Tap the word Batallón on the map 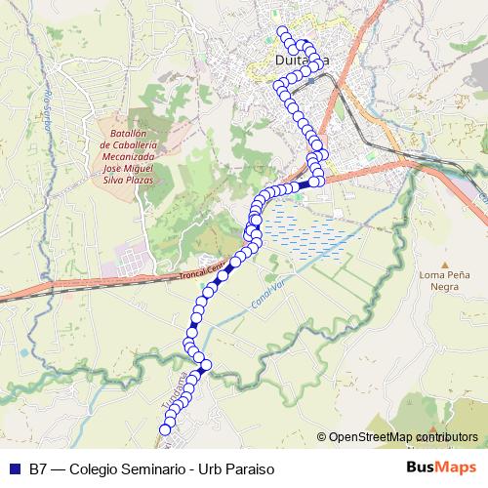click(x=128, y=134)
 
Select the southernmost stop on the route click(x=165, y=429)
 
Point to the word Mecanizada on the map click(x=128, y=157)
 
